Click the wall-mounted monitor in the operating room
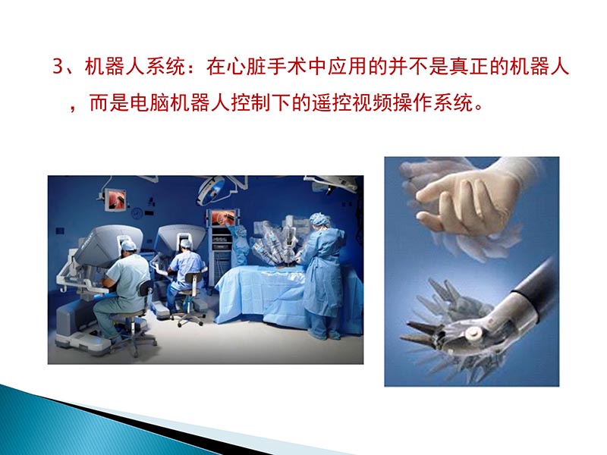pos(117,199)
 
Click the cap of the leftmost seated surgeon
pos(129,245)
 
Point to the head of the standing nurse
pos(319,221)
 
